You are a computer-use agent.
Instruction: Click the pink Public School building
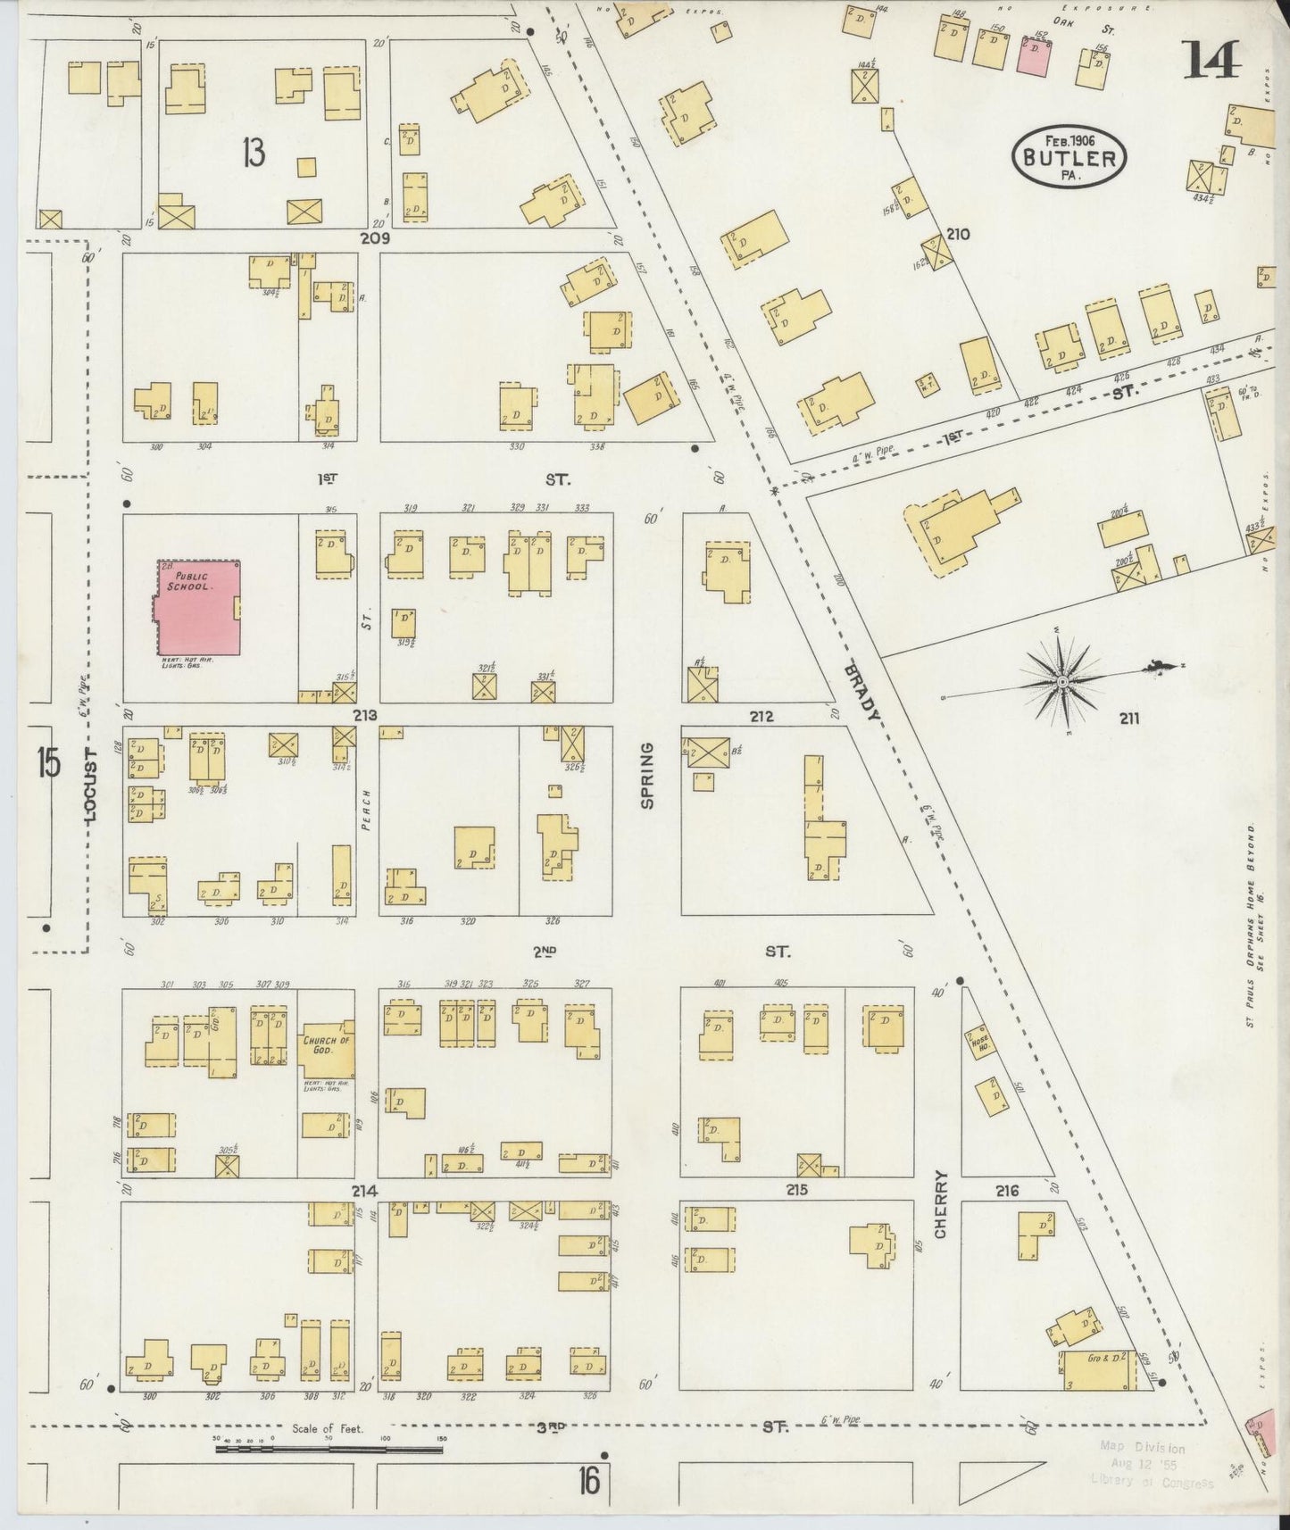(x=198, y=608)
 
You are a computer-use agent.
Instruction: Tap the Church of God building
(x=326, y=1049)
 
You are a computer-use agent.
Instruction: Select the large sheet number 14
(x=1211, y=61)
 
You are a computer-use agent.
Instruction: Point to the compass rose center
(x=1062, y=683)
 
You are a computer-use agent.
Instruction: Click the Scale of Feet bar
(x=329, y=1449)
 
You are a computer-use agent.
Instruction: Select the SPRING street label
(x=647, y=775)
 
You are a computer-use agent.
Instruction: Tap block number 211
(x=1128, y=717)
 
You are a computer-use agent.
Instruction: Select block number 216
(x=1006, y=1191)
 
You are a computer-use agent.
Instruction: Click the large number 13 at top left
(x=253, y=154)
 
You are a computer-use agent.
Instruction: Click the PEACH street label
(x=365, y=810)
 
